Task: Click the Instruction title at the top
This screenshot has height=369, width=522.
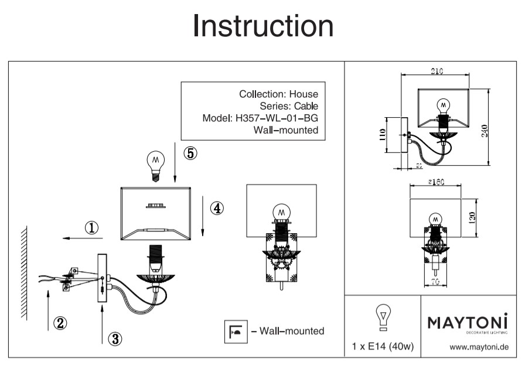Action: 263,26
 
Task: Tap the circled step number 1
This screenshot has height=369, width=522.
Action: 91,228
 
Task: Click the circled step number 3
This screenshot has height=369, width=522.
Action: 116,338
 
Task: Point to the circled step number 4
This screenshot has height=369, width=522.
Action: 217,208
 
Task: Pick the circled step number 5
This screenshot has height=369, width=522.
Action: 190,153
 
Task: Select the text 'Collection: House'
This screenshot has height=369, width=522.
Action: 279,94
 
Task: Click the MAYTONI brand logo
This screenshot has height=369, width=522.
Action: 466,323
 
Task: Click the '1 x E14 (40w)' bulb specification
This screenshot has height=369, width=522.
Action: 383,347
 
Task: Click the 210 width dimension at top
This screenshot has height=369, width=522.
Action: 436,71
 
